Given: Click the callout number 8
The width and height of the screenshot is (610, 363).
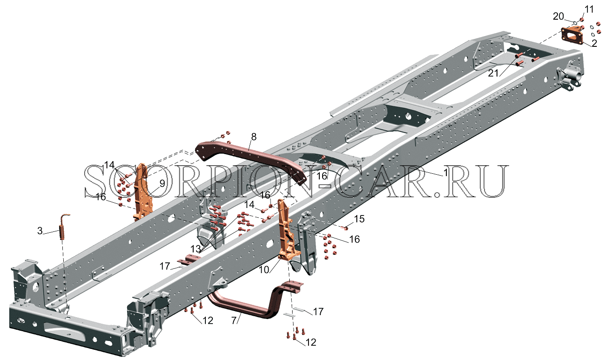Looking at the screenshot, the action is click(x=254, y=137).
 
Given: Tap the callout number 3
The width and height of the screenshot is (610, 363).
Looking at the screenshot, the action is click(x=40, y=231).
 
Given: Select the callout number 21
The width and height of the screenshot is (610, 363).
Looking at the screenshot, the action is click(x=493, y=73).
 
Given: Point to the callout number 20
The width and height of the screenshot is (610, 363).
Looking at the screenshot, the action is click(x=558, y=16).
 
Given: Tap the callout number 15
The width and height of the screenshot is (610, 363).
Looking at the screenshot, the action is click(x=359, y=219).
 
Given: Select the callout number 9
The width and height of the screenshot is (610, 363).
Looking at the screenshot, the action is click(x=162, y=184).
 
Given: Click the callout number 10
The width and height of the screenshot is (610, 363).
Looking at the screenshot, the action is click(x=264, y=270).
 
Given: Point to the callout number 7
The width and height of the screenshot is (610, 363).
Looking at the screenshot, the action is click(x=234, y=320).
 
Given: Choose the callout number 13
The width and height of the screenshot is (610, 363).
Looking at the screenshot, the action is click(x=196, y=249).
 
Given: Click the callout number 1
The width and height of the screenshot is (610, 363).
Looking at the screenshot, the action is click(x=445, y=172).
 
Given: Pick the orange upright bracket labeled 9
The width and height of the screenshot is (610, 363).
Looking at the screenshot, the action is click(x=142, y=192).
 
